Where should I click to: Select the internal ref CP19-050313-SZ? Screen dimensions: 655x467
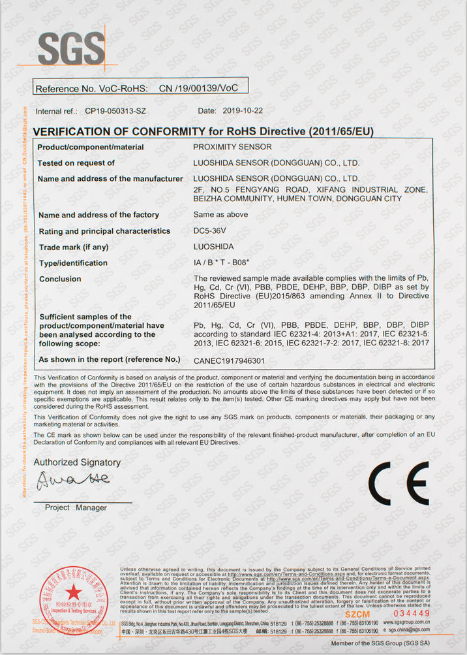(x=115, y=112)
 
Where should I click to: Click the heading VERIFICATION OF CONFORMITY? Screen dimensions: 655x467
(x=202, y=131)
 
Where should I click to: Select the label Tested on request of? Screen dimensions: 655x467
(x=76, y=163)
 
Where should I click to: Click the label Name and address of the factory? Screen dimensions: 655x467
(x=98, y=215)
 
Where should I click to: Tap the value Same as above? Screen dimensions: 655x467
(x=220, y=214)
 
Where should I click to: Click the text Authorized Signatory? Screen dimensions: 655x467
(x=77, y=462)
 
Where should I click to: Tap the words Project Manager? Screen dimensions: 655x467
(x=76, y=507)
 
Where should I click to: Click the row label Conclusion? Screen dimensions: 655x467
(x=60, y=279)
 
